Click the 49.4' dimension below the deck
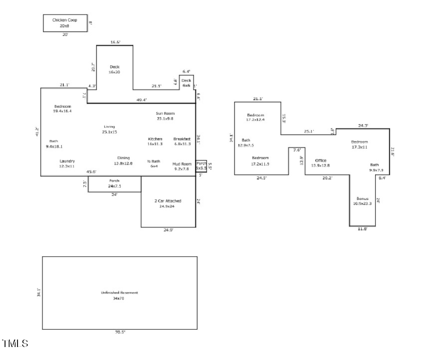[x=142, y=100]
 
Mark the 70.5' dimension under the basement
[x=120, y=332]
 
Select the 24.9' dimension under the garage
[x=168, y=230]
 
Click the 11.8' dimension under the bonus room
[x=362, y=229]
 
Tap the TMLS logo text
[x=15, y=344]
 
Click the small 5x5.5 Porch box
[x=201, y=166]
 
